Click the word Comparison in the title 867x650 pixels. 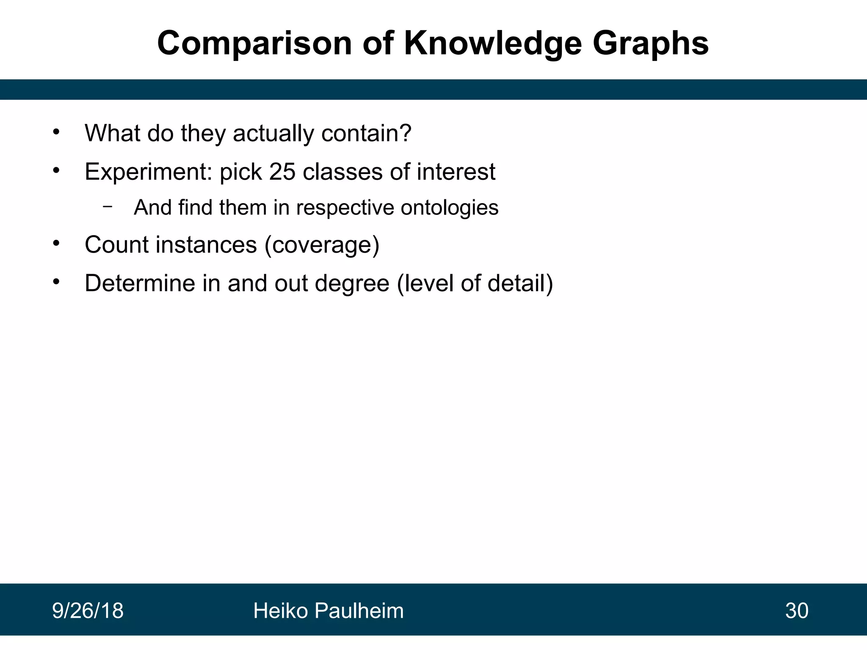point(254,43)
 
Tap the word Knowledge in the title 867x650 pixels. point(493,43)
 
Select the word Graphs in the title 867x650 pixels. point(650,43)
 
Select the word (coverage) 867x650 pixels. point(322,245)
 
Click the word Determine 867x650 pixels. point(140,283)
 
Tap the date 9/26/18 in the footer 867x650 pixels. point(88,611)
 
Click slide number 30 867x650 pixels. point(797,611)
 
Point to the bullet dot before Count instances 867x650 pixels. point(56,244)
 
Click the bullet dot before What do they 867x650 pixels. point(56,132)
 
